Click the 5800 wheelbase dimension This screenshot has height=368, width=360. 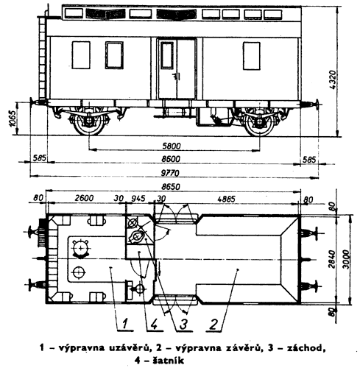172,146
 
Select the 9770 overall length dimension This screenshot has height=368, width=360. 170,173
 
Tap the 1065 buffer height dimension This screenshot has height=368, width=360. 13,118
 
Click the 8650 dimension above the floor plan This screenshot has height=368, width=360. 171,187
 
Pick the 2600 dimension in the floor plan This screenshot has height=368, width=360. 84,198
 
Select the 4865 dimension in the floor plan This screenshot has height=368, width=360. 226,199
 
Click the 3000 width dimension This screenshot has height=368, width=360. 345,259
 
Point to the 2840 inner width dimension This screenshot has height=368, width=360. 332,259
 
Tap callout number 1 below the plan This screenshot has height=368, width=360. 125,324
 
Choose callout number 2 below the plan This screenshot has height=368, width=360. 213,325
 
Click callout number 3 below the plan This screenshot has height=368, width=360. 183,325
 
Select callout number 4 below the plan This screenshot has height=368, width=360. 154,325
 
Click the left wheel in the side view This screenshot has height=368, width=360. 89,123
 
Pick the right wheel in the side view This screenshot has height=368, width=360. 260,123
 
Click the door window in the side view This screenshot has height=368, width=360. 167,55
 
